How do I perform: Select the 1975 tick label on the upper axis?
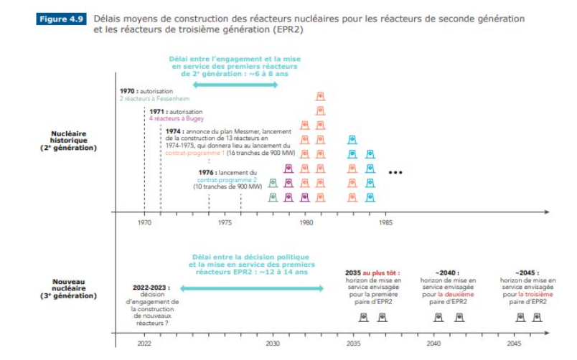coord(225,222)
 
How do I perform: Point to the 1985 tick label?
coord(387,222)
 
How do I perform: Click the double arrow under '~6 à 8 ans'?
coord(235,85)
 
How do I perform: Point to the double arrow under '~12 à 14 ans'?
coord(251,288)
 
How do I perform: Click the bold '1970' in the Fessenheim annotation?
coord(127,92)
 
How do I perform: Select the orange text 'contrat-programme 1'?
coord(194,153)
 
